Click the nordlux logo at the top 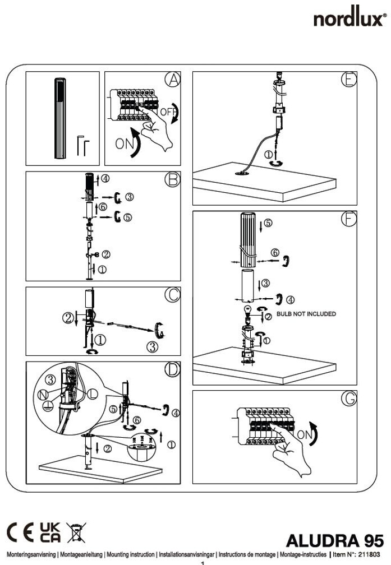(x=349, y=18)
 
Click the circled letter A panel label (x=173, y=80)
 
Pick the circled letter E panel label (x=348, y=79)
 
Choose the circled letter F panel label (x=348, y=219)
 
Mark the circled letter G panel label (x=348, y=399)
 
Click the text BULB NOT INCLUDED (x=306, y=314)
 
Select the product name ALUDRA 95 (x=334, y=540)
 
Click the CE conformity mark (x=21, y=529)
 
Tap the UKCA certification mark (x=51, y=529)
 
